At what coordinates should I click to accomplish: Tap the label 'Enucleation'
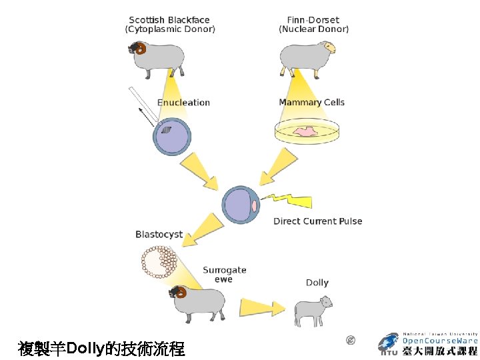pyautogui.click(x=183, y=103)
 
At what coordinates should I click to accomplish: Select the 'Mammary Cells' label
pyautogui.click(x=311, y=103)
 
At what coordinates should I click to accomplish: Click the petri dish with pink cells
pyautogui.click(x=307, y=132)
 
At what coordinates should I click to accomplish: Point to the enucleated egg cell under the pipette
pyautogui.click(x=172, y=137)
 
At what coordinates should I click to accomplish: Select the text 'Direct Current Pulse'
pyautogui.click(x=317, y=221)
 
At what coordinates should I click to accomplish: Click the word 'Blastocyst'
pyautogui.click(x=159, y=235)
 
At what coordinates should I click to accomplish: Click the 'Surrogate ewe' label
pyautogui.click(x=224, y=275)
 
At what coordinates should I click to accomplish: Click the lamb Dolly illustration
pyautogui.click(x=313, y=310)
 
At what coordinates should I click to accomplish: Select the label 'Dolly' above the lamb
pyautogui.click(x=317, y=283)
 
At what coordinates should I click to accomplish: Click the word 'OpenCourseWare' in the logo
pyautogui.click(x=440, y=340)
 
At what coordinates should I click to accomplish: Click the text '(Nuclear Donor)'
pyautogui.click(x=313, y=29)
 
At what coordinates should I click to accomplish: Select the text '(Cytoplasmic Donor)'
pyautogui.click(x=170, y=29)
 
